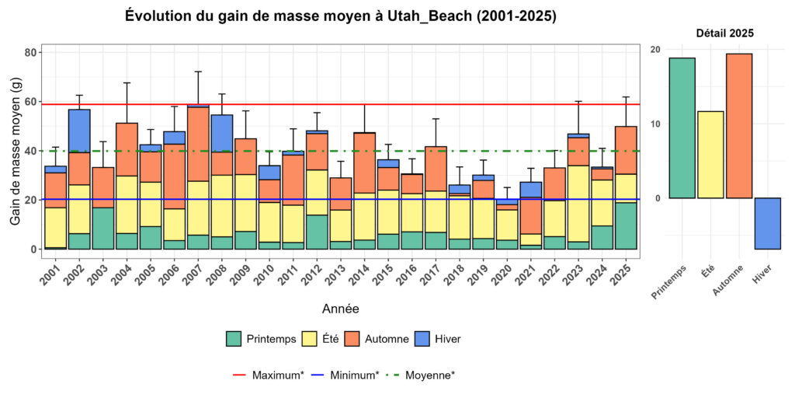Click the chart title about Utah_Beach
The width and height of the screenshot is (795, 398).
[340, 16]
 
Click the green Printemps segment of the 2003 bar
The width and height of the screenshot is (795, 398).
[103, 228]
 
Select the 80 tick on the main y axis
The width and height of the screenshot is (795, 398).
[31, 53]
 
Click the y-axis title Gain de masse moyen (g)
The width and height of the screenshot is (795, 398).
[16, 150]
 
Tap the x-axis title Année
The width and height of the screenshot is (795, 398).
[340, 309]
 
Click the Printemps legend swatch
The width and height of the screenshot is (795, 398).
[234, 339]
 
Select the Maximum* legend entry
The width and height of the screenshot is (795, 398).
[268, 375]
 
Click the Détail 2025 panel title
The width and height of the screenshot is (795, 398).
[724, 33]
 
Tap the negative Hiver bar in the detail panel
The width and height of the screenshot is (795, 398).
[767, 223]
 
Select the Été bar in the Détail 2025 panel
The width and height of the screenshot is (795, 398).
[710, 155]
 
